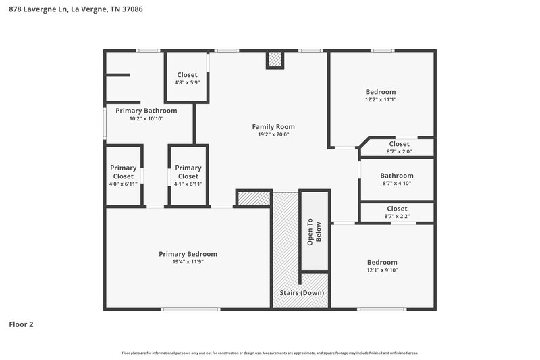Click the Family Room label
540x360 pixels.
tap(273, 126)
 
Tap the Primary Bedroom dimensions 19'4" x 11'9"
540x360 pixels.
tap(188, 262)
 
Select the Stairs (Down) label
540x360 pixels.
tap(302, 293)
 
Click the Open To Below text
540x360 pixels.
tap(315, 232)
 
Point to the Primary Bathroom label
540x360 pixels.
tap(146, 111)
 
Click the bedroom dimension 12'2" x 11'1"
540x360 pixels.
tap(381, 99)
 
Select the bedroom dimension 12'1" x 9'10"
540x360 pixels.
tap(381, 270)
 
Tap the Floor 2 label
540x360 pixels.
tap(21, 324)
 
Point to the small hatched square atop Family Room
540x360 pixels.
tap(274, 59)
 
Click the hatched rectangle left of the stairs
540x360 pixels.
tap(253, 198)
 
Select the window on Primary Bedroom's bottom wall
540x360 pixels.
tap(190, 309)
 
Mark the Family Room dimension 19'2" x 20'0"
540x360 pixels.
tap(273, 134)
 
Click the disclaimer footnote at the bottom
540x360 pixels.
tap(270, 353)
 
